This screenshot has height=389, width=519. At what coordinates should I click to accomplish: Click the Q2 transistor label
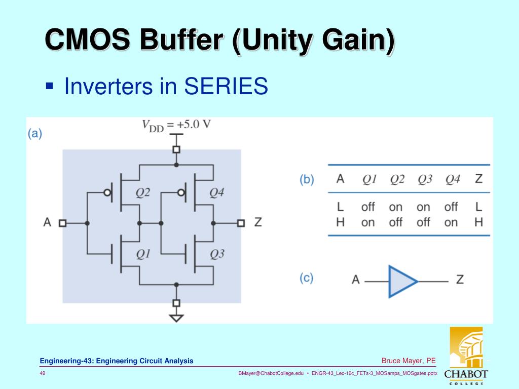(142, 193)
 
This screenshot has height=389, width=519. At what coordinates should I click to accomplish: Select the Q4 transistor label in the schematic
(216, 193)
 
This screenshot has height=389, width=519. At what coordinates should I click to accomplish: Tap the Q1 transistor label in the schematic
(142, 254)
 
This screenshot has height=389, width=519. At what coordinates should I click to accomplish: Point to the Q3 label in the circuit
(216, 254)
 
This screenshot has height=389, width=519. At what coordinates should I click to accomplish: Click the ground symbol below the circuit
(176, 318)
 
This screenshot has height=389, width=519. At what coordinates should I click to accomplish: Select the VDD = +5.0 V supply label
(176, 125)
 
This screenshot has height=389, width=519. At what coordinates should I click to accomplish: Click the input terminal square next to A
(62, 223)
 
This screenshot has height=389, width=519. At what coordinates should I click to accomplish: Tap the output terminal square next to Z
(241, 223)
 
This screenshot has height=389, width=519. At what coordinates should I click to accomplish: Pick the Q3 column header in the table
(423, 179)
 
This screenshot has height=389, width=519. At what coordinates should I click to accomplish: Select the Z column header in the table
(478, 179)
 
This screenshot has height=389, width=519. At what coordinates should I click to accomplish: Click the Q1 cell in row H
(368, 222)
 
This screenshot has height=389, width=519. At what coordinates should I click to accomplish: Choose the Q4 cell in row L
(451, 207)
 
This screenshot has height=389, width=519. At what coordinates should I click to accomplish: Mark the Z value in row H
(478, 222)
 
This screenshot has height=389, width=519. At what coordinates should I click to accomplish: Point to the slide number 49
(43, 373)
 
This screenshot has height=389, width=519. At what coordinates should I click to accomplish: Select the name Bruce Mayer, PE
(409, 361)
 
